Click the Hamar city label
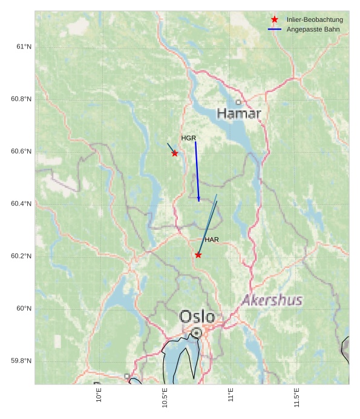(239, 113)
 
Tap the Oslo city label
(197, 317)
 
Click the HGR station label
(189, 138)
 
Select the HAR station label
(212, 240)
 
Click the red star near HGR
(175, 153)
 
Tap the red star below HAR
(198, 255)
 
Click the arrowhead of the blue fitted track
(198, 199)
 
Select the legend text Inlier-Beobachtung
(315, 20)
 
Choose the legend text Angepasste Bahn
(313, 30)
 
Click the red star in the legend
(275, 20)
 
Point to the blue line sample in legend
(275, 30)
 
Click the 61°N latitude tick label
(23, 47)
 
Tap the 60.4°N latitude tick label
(21, 204)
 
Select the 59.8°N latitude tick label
(21, 361)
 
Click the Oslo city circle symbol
(197, 332)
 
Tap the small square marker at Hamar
(238, 102)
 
